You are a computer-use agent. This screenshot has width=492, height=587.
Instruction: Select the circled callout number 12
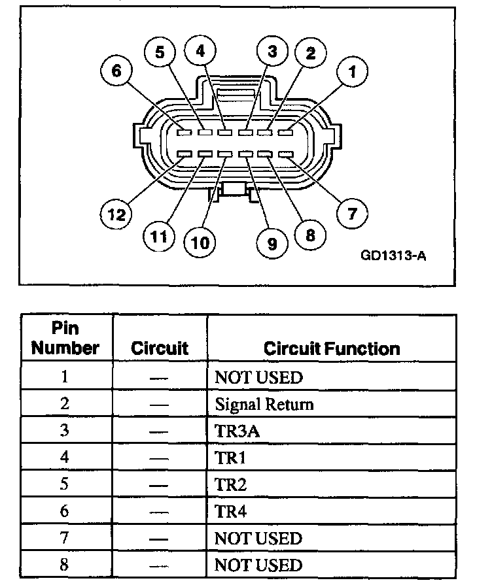(116, 214)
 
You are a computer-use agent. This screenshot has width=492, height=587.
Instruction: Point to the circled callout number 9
(272, 243)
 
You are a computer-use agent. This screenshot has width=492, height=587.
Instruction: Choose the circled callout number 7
(352, 214)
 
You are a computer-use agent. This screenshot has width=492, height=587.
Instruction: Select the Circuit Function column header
(332, 348)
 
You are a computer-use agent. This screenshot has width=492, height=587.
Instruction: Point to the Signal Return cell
(264, 405)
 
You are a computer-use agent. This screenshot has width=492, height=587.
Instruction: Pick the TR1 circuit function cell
(230, 458)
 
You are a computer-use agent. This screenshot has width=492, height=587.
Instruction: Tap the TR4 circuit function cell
(230, 512)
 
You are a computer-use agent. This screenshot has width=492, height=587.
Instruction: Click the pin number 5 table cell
(64, 485)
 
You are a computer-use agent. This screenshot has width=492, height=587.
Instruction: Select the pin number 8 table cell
(64, 565)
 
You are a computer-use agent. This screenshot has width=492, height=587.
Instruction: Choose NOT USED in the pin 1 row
(259, 378)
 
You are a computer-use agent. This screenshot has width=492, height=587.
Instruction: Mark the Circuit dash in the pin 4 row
(159, 458)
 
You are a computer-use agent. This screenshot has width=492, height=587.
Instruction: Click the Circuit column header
(160, 348)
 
